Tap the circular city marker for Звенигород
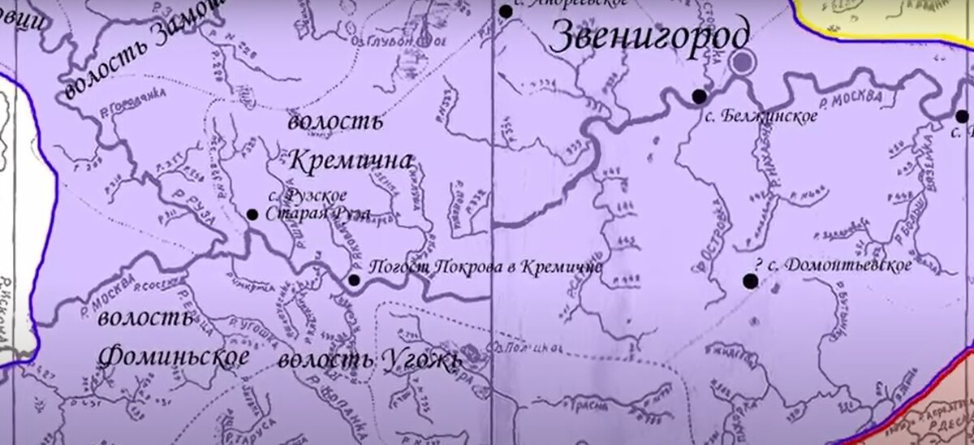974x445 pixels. click(x=741, y=62)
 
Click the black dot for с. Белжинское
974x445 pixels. click(x=699, y=97)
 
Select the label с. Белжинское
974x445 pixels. click(x=760, y=117)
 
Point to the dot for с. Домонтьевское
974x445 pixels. click(x=751, y=281)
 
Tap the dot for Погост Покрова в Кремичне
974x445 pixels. click(x=354, y=280)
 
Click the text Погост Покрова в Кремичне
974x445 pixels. click(x=485, y=266)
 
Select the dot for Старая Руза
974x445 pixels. click(x=252, y=214)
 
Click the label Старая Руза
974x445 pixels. click(x=317, y=214)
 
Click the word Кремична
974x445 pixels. click(x=350, y=158)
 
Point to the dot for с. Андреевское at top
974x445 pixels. click(x=506, y=11)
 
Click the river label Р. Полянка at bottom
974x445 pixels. click(x=342, y=414)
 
